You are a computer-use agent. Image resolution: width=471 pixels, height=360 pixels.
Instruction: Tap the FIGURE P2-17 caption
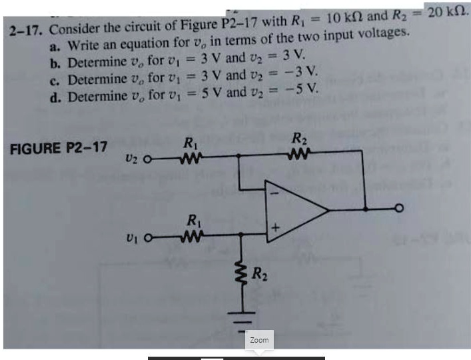point(59,147)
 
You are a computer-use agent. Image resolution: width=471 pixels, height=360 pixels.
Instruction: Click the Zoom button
point(259,340)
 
